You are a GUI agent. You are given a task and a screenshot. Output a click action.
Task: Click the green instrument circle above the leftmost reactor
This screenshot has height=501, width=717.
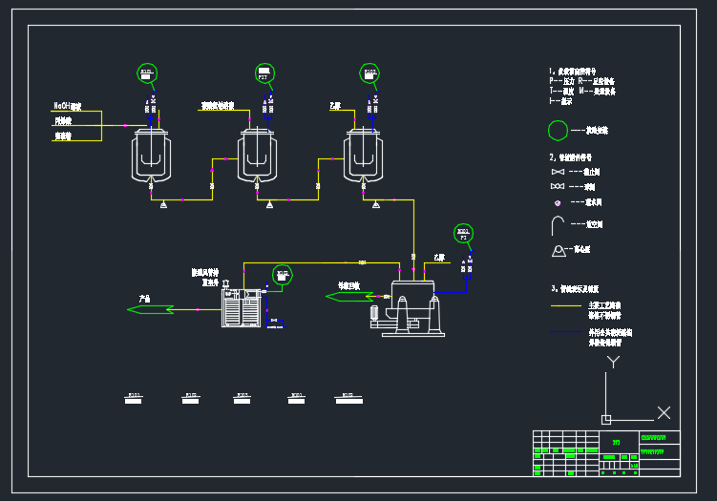(x=146, y=73)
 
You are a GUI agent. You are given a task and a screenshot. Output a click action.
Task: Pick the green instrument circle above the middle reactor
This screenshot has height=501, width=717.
(x=264, y=73)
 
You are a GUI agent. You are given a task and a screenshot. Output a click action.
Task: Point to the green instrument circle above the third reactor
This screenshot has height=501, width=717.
(x=369, y=73)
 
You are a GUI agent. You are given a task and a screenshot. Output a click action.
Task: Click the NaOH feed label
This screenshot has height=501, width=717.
(x=67, y=106)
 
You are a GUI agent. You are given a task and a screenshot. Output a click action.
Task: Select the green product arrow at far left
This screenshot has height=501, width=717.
(x=151, y=308)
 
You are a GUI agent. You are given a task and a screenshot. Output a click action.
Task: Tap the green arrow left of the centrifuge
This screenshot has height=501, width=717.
(x=349, y=296)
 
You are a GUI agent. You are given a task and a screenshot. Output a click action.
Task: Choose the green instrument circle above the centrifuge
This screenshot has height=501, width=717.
(x=463, y=234)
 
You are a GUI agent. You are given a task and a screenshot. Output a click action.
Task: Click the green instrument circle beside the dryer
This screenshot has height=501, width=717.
(x=282, y=275)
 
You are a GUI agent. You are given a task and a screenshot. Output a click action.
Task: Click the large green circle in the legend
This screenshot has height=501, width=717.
(x=558, y=131)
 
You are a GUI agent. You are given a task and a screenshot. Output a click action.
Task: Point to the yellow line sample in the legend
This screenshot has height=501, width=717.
(x=566, y=306)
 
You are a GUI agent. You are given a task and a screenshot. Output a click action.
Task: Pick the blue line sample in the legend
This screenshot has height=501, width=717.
(x=566, y=333)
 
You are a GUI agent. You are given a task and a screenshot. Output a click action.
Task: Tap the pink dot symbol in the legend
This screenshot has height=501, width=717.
(x=557, y=202)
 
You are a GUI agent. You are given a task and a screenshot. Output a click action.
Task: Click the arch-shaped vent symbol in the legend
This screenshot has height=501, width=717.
(x=559, y=225)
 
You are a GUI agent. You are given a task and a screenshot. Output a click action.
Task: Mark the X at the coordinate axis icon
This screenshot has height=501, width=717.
(x=664, y=412)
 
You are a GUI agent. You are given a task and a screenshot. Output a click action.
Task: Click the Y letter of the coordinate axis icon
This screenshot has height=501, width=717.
(x=616, y=361)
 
